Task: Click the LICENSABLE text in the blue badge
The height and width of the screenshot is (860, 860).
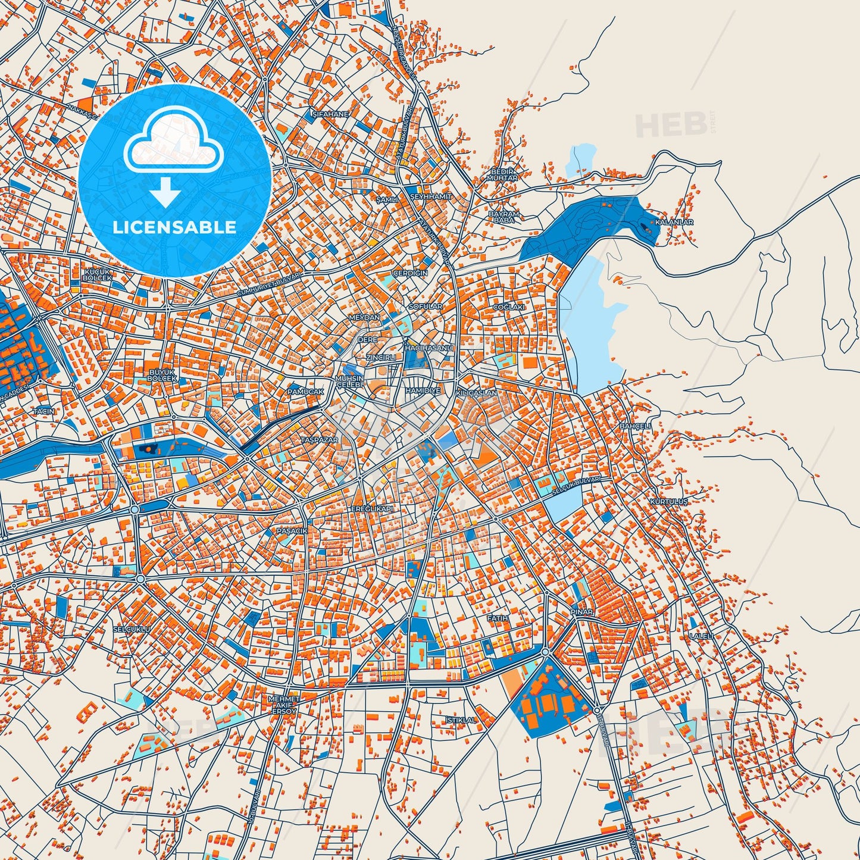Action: (x=175, y=227)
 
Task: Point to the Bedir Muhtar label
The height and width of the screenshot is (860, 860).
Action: (x=502, y=174)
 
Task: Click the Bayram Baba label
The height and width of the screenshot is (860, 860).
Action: (x=504, y=217)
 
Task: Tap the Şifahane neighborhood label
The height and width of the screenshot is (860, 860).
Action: (x=330, y=114)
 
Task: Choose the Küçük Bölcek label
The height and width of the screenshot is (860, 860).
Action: (x=98, y=275)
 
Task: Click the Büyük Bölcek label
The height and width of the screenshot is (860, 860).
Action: (x=162, y=375)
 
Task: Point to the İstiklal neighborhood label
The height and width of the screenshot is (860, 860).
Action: (x=461, y=720)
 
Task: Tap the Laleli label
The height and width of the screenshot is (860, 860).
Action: (x=700, y=636)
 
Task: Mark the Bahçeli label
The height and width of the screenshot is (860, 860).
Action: (x=636, y=426)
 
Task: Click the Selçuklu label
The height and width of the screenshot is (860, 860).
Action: (x=132, y=628)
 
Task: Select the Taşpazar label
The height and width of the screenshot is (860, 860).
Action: (x=319, y=440)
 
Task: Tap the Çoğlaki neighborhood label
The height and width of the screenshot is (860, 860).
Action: (x=509, y=307)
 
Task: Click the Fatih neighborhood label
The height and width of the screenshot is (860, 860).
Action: (x=498, y=618)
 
